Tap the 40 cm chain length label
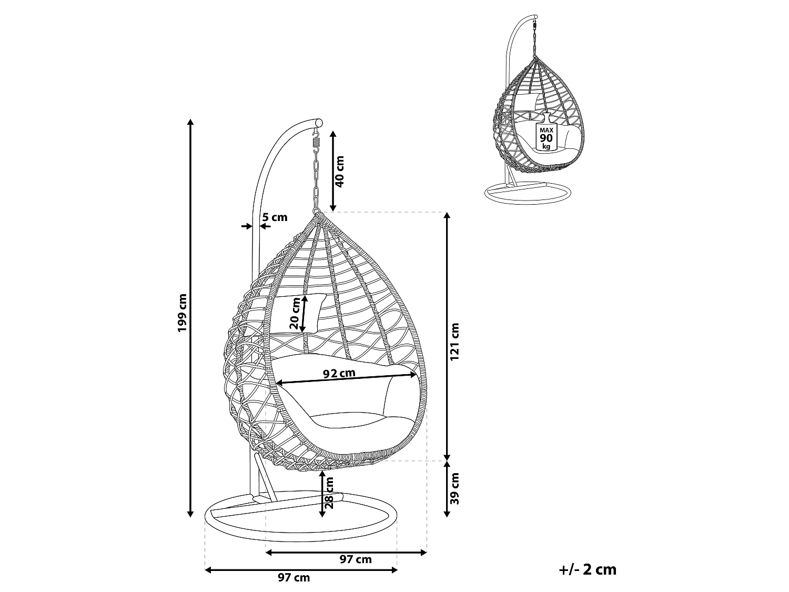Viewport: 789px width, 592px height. [x=339, y=172]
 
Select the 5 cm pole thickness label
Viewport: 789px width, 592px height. [x=275, y=217]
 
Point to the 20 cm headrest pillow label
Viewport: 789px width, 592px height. [x=295, y=313]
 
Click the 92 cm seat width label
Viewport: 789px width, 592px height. [x=339, y=374]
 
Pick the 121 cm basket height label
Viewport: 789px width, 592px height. [x=454, y=341]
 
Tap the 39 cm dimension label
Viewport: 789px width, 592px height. [x=454, y=488]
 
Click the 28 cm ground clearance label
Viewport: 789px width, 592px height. [x=329, y=493]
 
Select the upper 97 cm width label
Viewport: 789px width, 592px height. [x=356, y=559]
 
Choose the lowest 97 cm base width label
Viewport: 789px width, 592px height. [x=294, y=577]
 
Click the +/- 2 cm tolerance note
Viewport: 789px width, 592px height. [x=588, y=569]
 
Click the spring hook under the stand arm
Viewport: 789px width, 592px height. [x=316, y=138]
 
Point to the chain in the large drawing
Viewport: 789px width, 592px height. [x=316, y=182]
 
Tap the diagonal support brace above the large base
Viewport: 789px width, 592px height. [x=265, y=477]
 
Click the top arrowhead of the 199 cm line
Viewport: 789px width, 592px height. [x=190, y=122]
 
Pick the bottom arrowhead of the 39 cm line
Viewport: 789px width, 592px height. [x=447, y=514]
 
